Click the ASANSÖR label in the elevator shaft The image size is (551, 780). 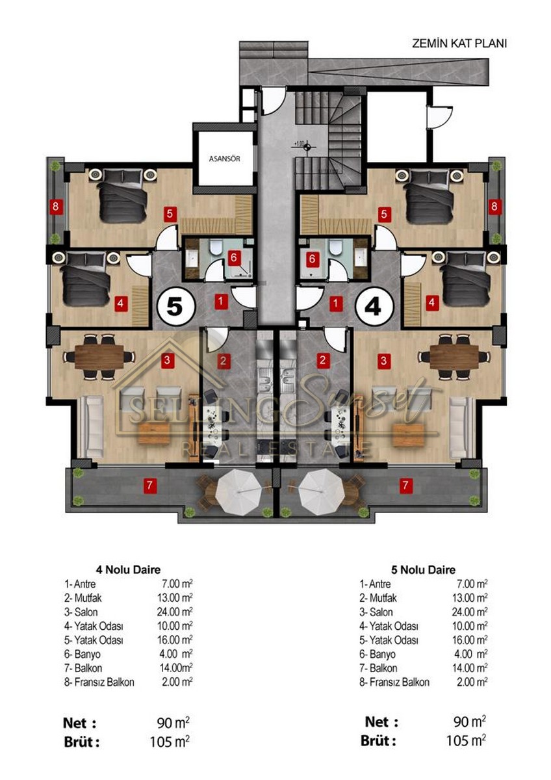click(224, 159)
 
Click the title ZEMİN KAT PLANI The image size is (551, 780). click(459, 44)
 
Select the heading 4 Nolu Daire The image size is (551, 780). click(128, 569)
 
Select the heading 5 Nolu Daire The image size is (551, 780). click(423, 569)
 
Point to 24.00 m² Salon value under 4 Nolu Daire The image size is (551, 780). click(175, 612)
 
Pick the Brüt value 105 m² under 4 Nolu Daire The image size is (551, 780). click(170, 742)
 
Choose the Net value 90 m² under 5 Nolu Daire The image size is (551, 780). click(470, 722)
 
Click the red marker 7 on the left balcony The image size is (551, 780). click(149, 485)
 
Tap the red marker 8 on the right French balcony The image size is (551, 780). click(494, 207)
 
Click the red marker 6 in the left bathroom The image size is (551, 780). click(233, 257)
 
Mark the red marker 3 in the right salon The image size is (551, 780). click(383, 360)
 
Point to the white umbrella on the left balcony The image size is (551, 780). click(238, 491)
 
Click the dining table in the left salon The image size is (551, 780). click(99, 357)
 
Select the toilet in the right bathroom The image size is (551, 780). click(335, 246)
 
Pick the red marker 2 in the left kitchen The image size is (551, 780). click(223, 360)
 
